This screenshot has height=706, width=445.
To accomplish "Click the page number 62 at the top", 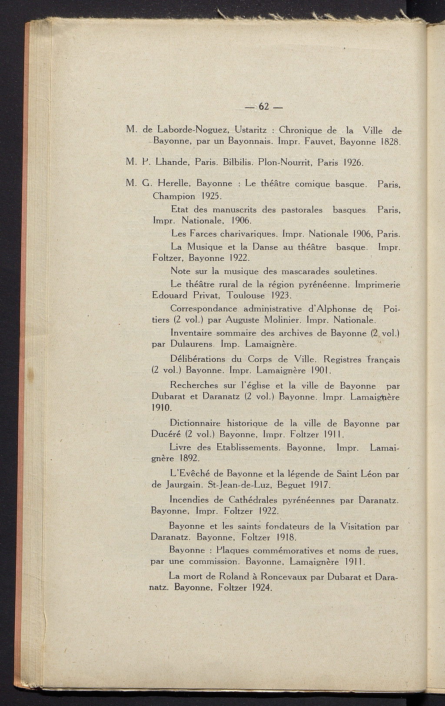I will coord(264,106).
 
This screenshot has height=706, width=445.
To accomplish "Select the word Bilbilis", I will coord(238,162).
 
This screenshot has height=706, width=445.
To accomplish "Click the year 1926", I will coord(353,162).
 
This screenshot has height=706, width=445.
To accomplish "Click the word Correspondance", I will coord(204,309).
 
